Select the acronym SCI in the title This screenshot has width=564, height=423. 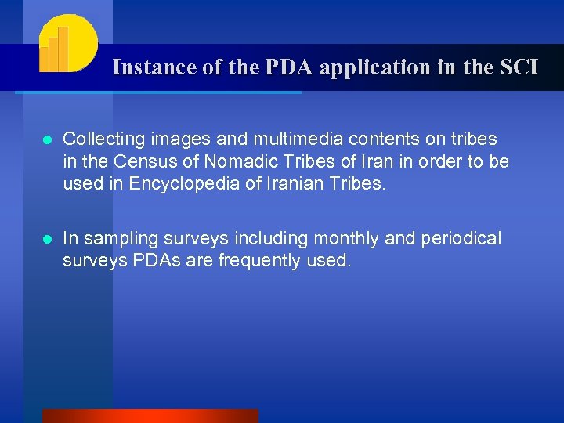pyautogui.click(x=517, y=67)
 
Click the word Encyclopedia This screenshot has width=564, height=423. pyautogui.click(x=183, y=185)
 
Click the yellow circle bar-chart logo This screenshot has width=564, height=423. pyautogui.click(x=67, y=43)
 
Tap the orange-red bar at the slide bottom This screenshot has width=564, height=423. pyautogui.click(x=150, y=416)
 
